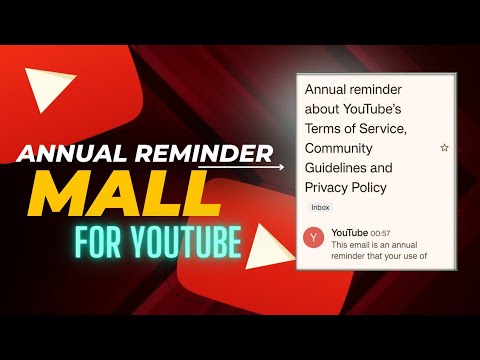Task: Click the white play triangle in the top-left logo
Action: (x=51, y=95)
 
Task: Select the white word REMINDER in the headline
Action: (x=210, y=153)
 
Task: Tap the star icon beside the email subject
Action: (x=444, y=148)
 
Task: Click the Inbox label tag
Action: (x=321, y=207)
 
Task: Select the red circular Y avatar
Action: (x=314, y=238)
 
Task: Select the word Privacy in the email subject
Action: (x=328, y=187)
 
